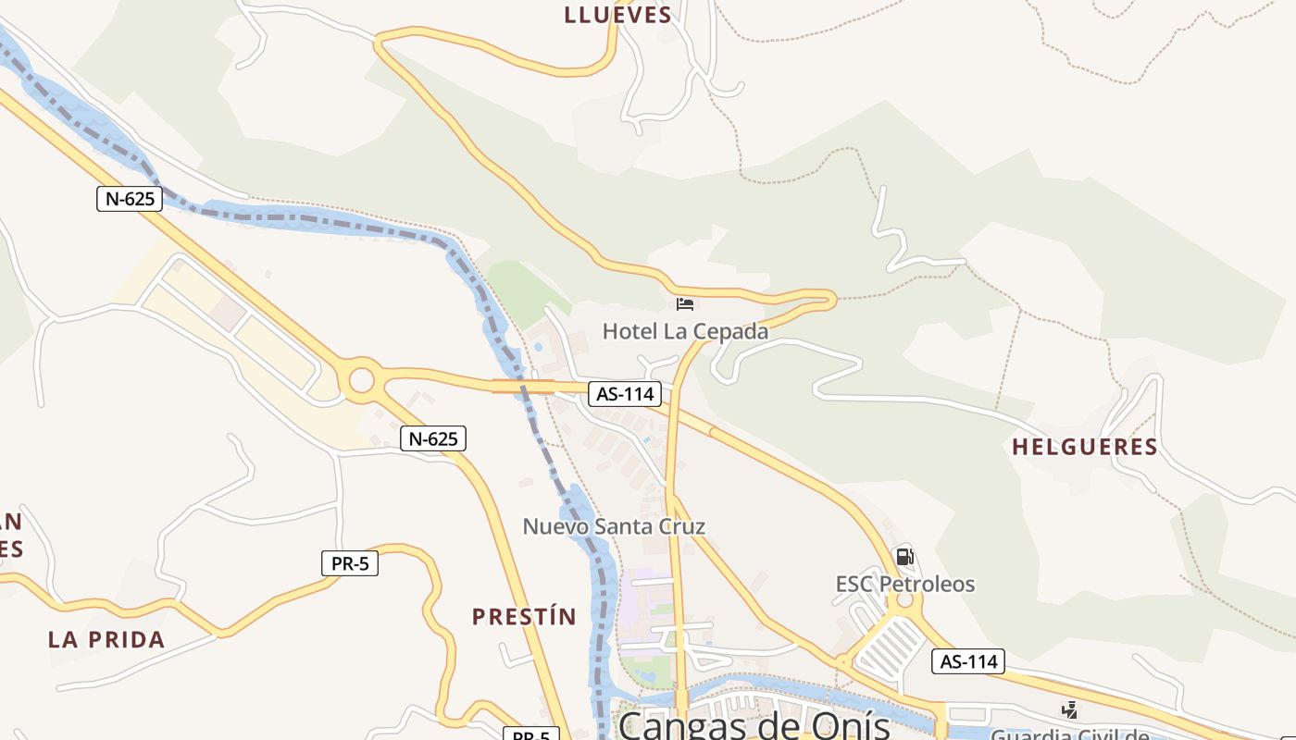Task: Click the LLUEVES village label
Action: [617, 15]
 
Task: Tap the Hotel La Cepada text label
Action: [685, 331]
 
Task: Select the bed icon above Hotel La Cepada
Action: [685, 303]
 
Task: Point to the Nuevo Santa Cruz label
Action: [614, 527]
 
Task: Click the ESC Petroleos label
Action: [905, 585]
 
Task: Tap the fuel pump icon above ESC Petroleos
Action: [904, 557]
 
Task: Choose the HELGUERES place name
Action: [1084, 448]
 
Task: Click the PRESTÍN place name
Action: [524, 617]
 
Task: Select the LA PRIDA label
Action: [106, 640]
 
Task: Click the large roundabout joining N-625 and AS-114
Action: [361, 380]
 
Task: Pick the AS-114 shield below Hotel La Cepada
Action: [625, 394]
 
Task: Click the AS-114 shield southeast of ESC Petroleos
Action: [968, 661]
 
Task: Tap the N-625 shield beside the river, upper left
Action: [130, 198]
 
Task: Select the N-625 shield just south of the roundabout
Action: [432, 438]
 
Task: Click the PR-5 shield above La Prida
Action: [350, 562]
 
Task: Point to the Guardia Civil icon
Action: [1069, 710]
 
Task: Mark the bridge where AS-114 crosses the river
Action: [523, 387]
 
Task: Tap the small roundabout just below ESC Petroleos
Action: [904, 602]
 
